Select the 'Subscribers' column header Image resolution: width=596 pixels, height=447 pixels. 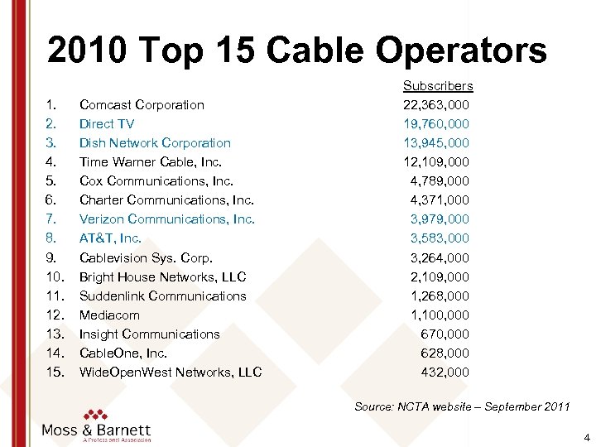click(x=438, y=85)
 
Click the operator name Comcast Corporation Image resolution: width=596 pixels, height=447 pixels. click(x=142, y=104)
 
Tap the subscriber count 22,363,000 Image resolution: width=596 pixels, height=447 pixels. click(x=436, y=104)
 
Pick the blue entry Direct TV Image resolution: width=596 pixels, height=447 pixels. click(x=107, y=123)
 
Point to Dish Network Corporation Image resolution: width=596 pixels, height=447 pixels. click(x=155, y=142)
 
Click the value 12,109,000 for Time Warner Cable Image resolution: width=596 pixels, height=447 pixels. click(x=436, y=161)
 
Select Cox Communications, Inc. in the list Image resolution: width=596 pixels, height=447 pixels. click(x=156, y=180)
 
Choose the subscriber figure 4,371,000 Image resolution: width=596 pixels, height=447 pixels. click(x=440, y=199)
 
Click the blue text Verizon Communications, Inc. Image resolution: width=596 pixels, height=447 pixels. click(x=166, y=219)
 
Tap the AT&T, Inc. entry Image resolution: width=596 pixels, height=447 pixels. click(x=110, y=238)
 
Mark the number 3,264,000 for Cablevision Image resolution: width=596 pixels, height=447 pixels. click(x=440, y=257)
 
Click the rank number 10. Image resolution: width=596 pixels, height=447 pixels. click(x=54, y=276)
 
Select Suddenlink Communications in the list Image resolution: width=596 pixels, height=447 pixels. click(x=162, y=296)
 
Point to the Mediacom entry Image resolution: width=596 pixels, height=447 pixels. click(x=109, y=315)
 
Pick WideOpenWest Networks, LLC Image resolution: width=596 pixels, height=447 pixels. click(x=171, y=372)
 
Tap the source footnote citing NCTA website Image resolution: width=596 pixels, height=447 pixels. click(x=462, y=406)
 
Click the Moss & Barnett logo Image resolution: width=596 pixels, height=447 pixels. click(x=96, y=425)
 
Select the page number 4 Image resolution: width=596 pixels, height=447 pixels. click(x=586, y=436)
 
